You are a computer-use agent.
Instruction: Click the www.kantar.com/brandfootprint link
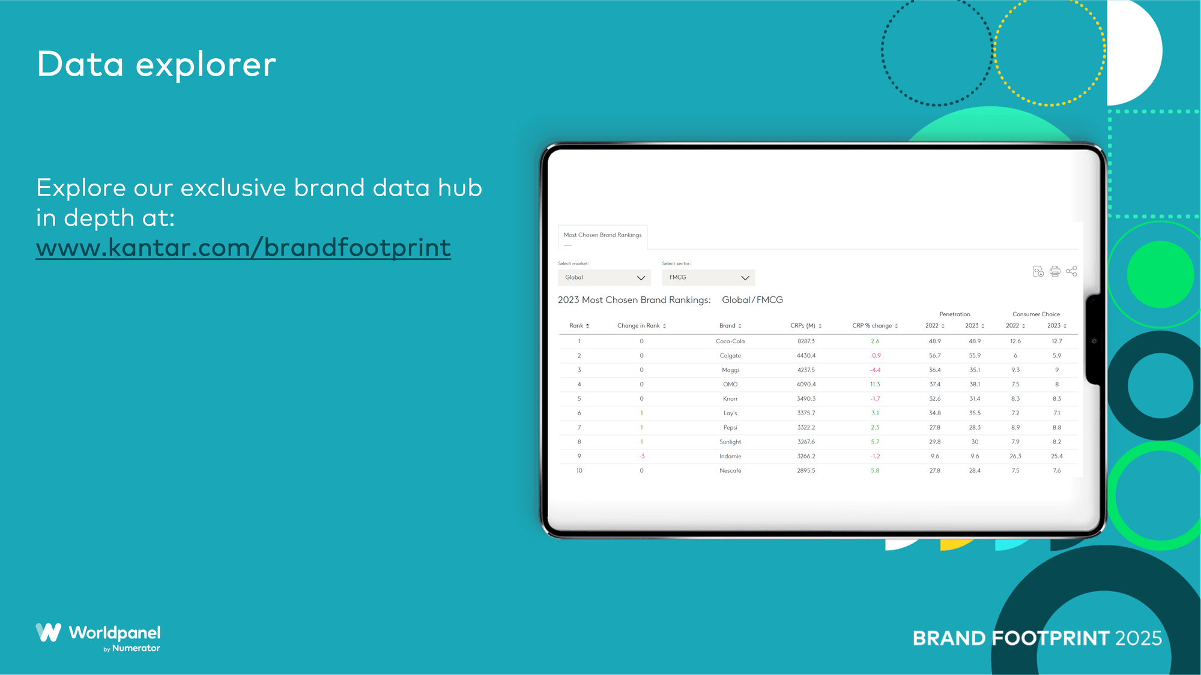pyautogui.click(x=243, y=247)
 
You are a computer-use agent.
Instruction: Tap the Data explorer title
pyautogui.click(x=157, y=64)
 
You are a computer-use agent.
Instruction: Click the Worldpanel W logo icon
pyautogui.click(x=49, y=632)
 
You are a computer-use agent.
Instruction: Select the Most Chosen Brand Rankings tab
pyautogui.click(x=602, y=235)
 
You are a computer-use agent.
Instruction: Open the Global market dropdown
pyautogui.click(x=604, y=278)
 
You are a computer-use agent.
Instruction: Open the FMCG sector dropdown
pyautogui.click(x=709, y=278)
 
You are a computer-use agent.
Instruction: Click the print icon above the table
pyautogui.click(x=1055, y=272)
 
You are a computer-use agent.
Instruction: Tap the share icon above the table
pyautogui.click(x=1072, y=272)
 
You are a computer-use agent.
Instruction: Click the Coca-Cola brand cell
pyautogui.click(x=730, y=341)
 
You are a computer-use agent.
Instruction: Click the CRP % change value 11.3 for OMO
pyautogui.click(x=875, y=385)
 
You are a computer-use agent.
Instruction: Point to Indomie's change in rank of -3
pyautogui.click(x=641, y=457)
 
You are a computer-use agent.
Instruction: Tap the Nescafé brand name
pyautogui.click(x=730, y=471)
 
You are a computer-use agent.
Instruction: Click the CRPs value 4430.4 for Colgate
pyautogui.click(x=806, y=356)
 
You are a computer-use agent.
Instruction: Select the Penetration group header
pyautogui.click(x=955, y=314)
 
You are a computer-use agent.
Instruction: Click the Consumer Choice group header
pyautogui.click(x=1036, y=314)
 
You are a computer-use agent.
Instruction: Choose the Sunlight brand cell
pyautogui.click(x=730, y=442)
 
